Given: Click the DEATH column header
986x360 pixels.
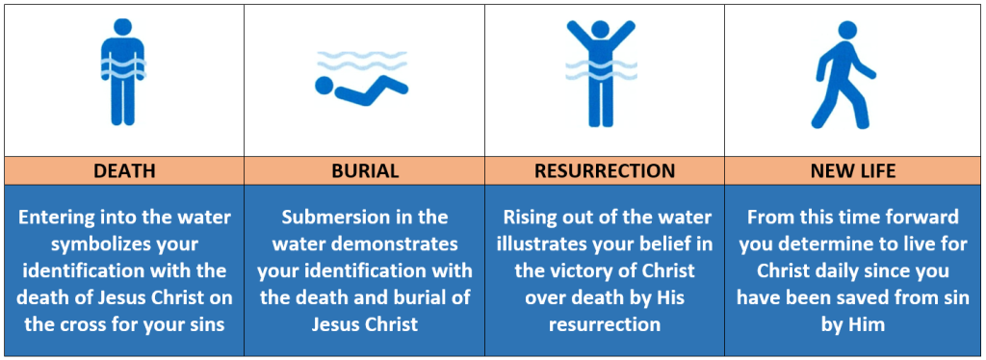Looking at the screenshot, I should (x=124, y=171).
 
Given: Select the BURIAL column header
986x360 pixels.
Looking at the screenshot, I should (x=364, y=171).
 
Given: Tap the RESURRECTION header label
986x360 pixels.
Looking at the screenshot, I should (x=605, y=171).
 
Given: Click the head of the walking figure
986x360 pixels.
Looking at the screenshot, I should (x=847, y=31).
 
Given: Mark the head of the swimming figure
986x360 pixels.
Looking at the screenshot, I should (x=324, y=86).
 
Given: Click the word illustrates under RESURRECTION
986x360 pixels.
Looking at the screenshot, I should (x=549, y=244).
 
